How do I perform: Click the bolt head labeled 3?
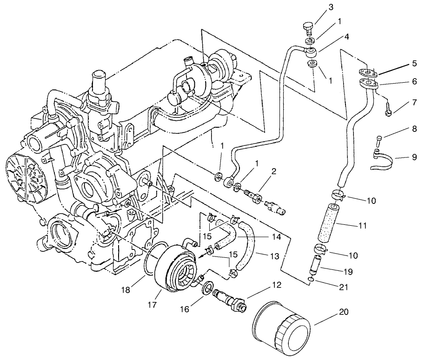(x=307, y=27)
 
